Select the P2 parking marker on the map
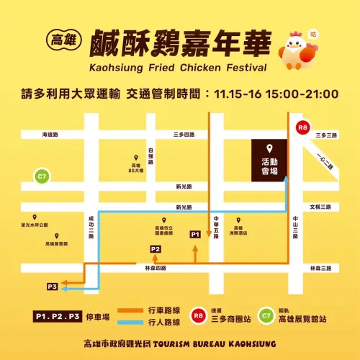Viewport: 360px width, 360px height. (x=156, y=249)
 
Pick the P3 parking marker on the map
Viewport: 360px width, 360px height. (x=51, y=287)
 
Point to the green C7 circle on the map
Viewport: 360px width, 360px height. (x=42, y=176)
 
